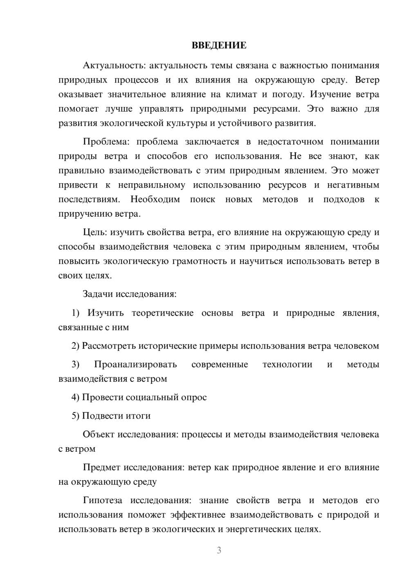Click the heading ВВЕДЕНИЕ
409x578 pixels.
pyautogui.click(x=219, y=45)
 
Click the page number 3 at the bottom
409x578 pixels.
pyautogui.click(x=219, y=550)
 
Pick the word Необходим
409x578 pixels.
pyautogui.click(x=155, y=199)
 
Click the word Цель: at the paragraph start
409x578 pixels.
pyautogui.click(x=95, y=233)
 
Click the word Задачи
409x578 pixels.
pyautogui.click(x=98, y=294)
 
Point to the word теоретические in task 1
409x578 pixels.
pyautogui.click(x=162, y=313)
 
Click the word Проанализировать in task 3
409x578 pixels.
pyautogui.click(x=135, y=364)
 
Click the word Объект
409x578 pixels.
pyautogui.click(x=99, y=435)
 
